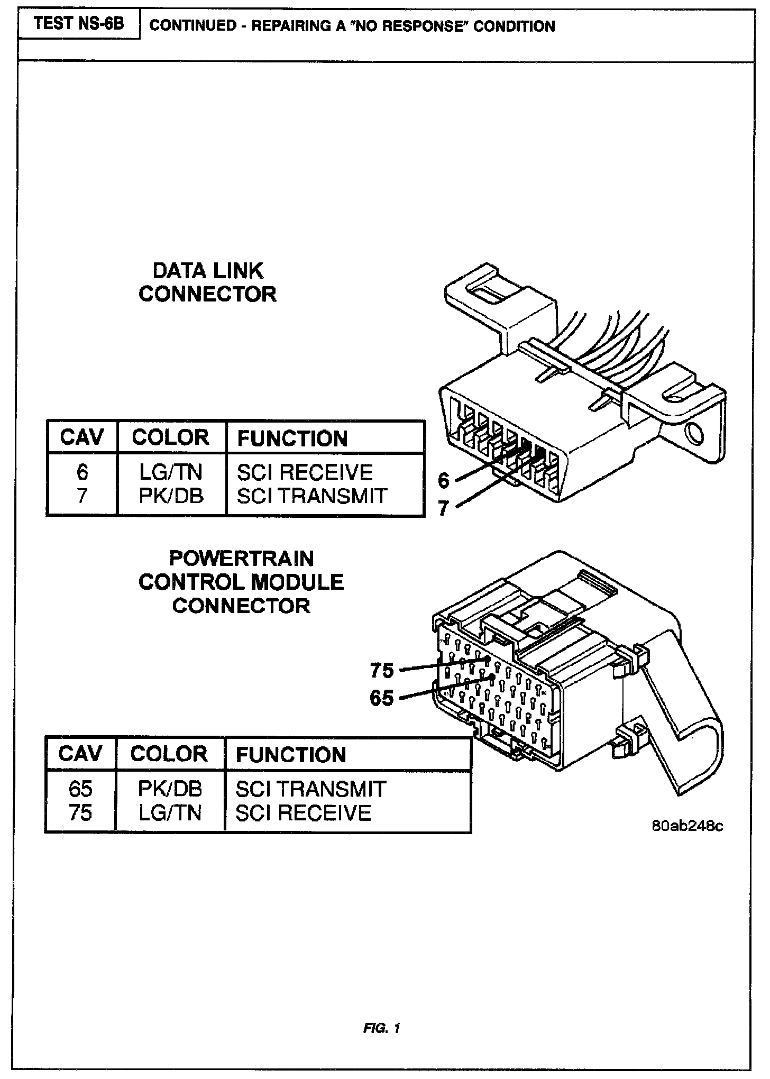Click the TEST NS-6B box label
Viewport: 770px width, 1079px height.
[x=79, y=24]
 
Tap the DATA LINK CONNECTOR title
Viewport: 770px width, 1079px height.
[x=207, y=282]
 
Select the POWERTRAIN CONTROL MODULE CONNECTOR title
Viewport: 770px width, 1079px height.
[x=241, y=582]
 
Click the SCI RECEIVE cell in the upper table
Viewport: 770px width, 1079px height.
[x=305, y=472]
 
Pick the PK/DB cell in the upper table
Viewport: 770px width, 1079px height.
[x=171, y=496]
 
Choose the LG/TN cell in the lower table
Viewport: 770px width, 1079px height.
[x=170, y=812]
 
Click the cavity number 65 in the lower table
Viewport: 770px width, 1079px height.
[x=80, y=789]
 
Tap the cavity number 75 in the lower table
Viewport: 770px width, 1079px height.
[x=80, y=812]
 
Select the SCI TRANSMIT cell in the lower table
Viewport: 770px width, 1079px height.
[x=310, y=789]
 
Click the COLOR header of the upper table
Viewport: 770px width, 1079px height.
[x=170, y=437]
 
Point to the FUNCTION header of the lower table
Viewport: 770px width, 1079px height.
[x=291, y=754]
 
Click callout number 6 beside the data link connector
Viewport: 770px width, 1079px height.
[x=444, y=480]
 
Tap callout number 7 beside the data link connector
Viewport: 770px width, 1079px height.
[x=444, y=508]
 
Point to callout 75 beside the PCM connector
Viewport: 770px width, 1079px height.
[x=382, y=671]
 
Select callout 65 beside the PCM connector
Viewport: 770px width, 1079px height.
[x=382, y=698]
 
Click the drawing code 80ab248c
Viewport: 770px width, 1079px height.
[x=687, y=826]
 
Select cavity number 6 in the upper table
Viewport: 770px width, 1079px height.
[x=82, y=472]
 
